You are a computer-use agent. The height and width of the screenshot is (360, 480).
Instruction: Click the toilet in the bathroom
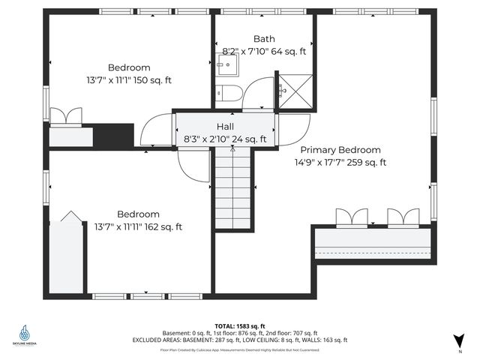click(x=229, y=93)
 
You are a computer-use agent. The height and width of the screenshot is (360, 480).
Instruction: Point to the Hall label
click(x=226, y=127)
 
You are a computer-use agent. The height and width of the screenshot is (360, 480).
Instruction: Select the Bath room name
click(x=264, y=39)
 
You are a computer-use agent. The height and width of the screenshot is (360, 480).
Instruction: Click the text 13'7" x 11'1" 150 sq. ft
click(x=128, y=79)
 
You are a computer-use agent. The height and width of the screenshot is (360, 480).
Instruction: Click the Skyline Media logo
click(x=25, y=334)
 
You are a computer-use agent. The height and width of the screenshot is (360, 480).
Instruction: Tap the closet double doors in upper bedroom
click(x=64, y=116)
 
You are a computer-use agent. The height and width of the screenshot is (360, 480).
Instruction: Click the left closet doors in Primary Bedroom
click(x=352, y=217)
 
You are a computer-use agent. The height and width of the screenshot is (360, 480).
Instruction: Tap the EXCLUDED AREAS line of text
click(x=239, y=340)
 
